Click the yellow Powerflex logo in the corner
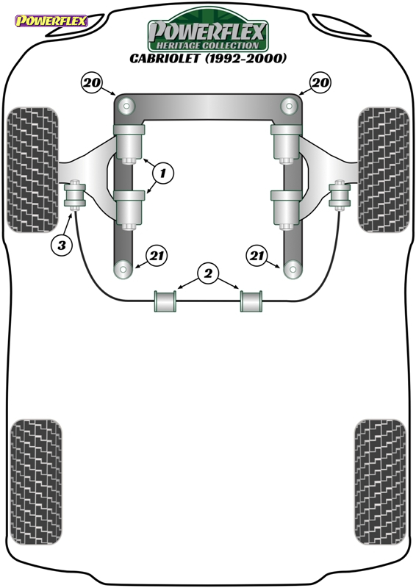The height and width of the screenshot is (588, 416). coord(51,21)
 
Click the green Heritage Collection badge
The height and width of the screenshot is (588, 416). coord(208,32)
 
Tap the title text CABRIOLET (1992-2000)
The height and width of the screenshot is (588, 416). coord(208,59)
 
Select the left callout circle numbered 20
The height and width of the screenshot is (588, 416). coord(91,82)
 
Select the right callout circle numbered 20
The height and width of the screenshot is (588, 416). coord(320,82)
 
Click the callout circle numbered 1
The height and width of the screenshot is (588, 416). coord(163,173)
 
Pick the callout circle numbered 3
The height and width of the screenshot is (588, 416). coord(62,245)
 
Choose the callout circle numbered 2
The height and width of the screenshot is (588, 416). coord(208,273)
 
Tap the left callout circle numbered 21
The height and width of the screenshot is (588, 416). coord(157,256)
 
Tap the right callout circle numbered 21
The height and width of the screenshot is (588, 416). coord(257,256)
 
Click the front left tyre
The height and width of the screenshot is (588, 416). coord(33,170)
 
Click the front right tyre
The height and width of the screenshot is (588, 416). coord(384,170)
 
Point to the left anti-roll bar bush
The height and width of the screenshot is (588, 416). coord(165,301)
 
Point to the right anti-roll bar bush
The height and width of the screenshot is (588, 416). coord(251,301)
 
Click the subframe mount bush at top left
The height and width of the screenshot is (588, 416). coord(126,106)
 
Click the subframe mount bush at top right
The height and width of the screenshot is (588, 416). coord(289,106)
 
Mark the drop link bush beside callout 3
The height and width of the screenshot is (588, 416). coord(75,195)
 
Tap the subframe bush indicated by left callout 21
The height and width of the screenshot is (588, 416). coord(123,269)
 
